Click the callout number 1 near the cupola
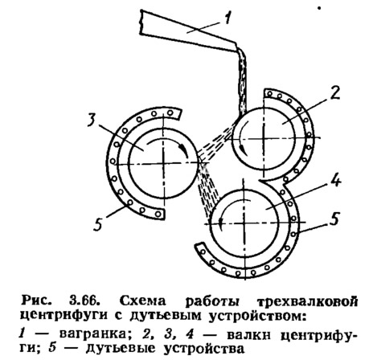click(227, 18)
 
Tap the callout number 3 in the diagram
click(91, 119)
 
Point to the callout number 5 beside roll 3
click(98, 223)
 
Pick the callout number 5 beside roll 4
click(334, 219)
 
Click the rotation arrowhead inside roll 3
click(182, 148)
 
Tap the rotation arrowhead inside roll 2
click(243, 150)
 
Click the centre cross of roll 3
click(163, 163)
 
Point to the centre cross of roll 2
click(264, 138)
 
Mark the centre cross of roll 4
click(244, 223)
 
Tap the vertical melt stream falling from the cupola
click(243, 80)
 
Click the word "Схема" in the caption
click(142, 301)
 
